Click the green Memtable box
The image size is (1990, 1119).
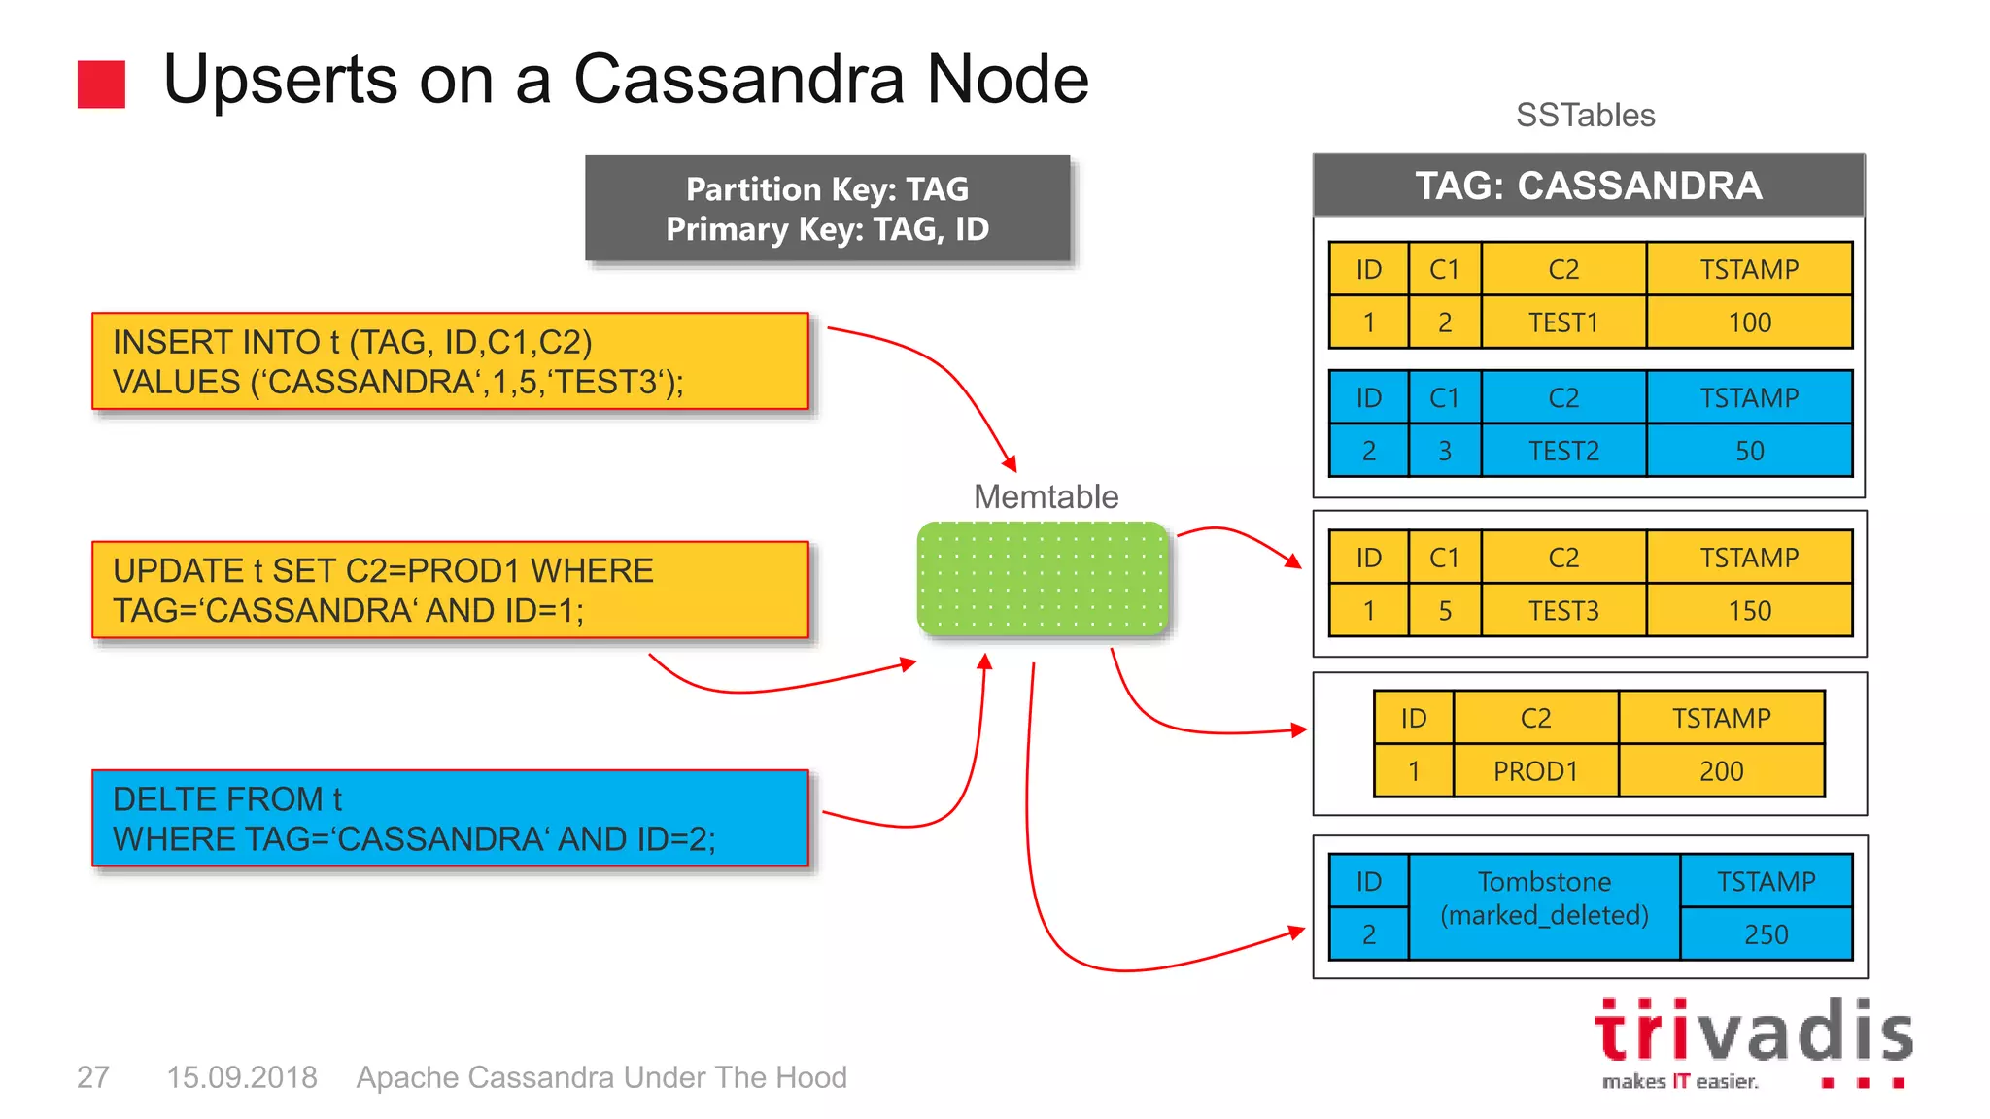1043,579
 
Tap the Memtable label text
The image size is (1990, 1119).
1046,496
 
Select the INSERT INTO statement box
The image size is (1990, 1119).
450,361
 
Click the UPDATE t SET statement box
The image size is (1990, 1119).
450,590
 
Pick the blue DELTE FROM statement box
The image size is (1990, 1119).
450,818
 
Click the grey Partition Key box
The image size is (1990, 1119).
827,208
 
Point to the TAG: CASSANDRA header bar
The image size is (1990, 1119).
1588,186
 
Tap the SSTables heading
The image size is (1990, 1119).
1585,115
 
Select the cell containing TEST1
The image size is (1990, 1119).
1562,322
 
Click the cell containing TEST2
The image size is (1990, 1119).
1562,451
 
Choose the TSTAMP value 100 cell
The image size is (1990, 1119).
1749,322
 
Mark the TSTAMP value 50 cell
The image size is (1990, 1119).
1749,451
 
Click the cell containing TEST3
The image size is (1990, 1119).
1562,610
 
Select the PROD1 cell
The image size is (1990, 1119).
1535,771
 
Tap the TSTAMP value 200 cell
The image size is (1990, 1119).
1721,771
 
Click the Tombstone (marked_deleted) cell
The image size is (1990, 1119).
1544,899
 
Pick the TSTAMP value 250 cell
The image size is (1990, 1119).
1766,933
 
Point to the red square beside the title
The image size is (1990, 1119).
101,85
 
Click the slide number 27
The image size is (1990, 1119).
92,1077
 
